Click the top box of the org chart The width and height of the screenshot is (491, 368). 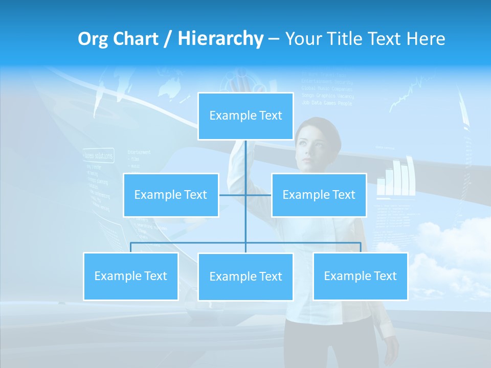click(245, 116)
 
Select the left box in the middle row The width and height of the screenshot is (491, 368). click(171, 195)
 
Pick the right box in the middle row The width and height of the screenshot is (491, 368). click(319, 195)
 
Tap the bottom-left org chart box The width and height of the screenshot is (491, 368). click(131, 276)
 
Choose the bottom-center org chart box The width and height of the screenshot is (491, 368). click(245, 277)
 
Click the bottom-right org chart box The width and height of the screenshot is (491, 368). click(360, 276)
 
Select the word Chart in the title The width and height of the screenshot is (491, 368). click(136, 38)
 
